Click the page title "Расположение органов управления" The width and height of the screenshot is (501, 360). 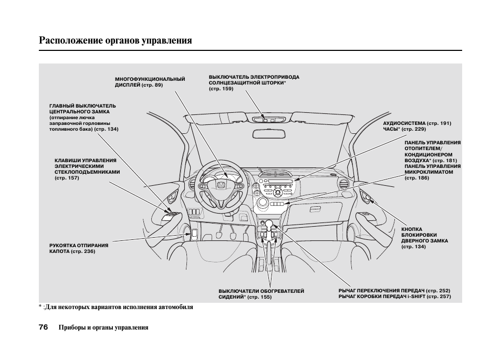coord(115,40)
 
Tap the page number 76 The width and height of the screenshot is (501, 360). coord(43,327)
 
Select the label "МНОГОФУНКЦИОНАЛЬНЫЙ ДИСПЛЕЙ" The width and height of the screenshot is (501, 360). coord(150,82)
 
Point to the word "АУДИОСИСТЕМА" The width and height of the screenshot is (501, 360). coord(404,123)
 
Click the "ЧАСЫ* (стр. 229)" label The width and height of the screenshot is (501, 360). coord(404,129)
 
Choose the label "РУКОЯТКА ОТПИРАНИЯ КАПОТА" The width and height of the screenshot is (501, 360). coord(78,248)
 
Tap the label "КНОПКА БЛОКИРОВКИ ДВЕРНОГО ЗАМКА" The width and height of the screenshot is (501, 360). coord(424,238)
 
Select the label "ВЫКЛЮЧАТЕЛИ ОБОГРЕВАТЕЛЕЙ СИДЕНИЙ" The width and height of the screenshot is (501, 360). coord(261,294)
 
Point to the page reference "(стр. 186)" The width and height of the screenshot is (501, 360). coord(416,178)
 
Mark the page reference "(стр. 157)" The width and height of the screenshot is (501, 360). coord(67,178)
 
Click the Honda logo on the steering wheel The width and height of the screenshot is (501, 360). coord(222,184)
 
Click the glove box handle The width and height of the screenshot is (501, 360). coord(315,209)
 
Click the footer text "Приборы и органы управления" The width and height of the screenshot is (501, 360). coord(103,327)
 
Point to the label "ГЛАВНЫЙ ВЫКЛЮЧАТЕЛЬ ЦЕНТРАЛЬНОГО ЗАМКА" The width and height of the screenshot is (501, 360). coord(82,109)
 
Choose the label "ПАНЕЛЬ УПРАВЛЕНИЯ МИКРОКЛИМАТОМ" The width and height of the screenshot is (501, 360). coord(432,168)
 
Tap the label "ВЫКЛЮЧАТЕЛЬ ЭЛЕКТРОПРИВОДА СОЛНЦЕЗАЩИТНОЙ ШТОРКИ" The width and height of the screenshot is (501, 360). coord(254,80)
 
